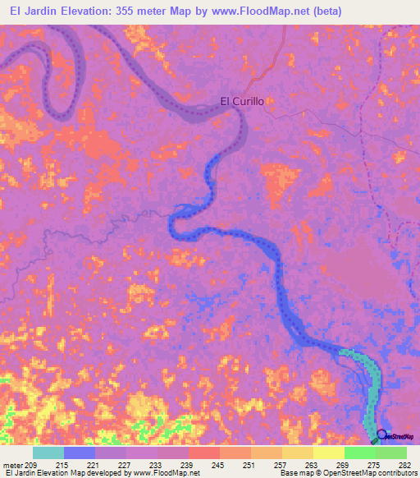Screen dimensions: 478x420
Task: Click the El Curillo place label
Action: (x=247, y=103)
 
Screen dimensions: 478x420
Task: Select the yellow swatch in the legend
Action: (x=328, y=453)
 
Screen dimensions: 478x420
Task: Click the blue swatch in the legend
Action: (x=79, y=453)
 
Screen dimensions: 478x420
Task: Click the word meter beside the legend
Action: (x=11, y=466)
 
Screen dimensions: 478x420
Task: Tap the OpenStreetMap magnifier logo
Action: (x=382, y=434)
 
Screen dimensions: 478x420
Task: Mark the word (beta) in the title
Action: (x=325, y=11)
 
